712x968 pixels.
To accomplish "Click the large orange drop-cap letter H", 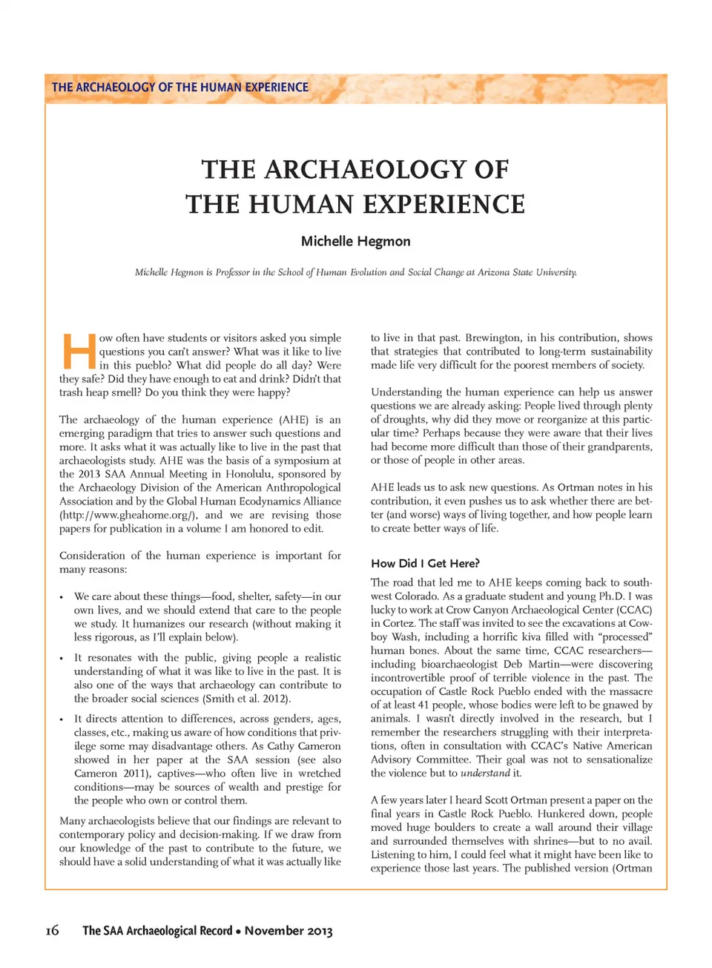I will coord(78,352).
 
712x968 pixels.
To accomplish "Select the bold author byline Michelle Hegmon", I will coord(355,241).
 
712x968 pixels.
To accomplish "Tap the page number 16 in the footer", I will coord(52,930).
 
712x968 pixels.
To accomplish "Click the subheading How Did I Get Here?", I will coord(425,563).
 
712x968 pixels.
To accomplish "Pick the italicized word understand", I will coord(485,773).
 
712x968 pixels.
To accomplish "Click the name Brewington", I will coord(492,338).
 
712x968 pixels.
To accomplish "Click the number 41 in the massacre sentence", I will coord(423,705).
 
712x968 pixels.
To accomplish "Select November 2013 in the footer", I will coord(289,930).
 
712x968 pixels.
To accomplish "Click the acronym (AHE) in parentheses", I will coord(294,420).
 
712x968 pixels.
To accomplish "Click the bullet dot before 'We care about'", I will coord(62,597).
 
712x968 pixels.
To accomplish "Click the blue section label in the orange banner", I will coord(180,88).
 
